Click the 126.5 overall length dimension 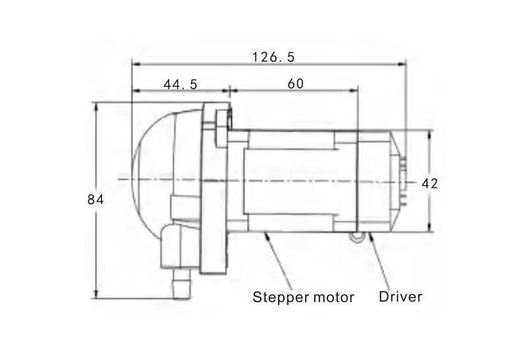click(273, 57)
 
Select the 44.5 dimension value click(180, 84)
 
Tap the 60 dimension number click(296, 84)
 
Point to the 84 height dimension click(96, 200)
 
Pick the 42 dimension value click(430, 184)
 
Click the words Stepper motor click(304, 297)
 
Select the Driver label click(401, 297)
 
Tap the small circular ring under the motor click(356, 237)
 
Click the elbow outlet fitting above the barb click(171, 246)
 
